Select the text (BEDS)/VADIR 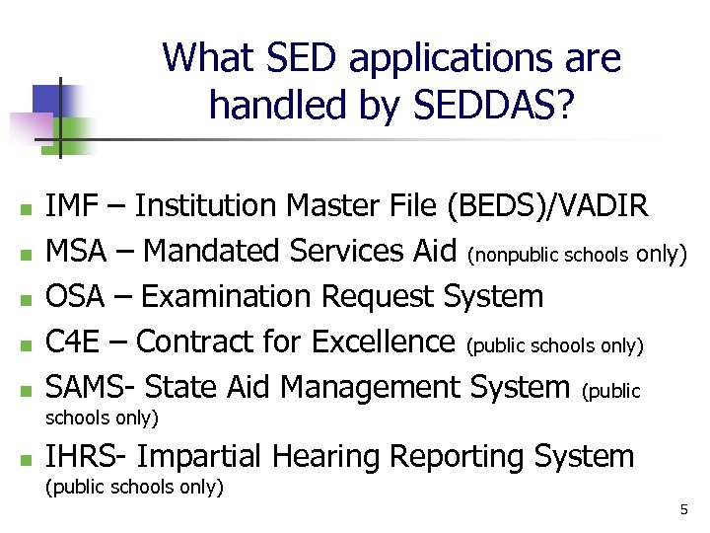pos(547,205)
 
